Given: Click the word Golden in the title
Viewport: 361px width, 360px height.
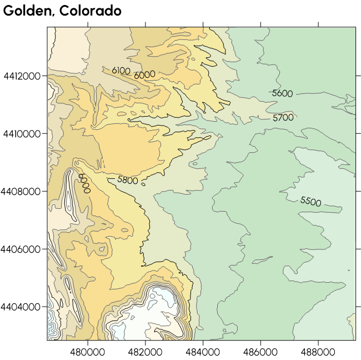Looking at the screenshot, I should [x=26, y=11].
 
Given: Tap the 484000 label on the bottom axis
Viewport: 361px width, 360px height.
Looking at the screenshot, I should [x=203, y=351].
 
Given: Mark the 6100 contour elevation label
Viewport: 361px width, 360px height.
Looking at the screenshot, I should [x=121, y=71].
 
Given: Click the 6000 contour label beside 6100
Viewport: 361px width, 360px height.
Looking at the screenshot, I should [x=144, y=74].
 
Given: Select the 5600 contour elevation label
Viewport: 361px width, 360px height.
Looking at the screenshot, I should [x=282, y=94].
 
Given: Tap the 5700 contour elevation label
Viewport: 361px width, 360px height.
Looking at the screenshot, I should [x=283, y=118].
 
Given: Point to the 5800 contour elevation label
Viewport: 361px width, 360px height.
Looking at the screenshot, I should [x=128, y=180].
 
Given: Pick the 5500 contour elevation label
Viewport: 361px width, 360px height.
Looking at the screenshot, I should [x=310, y=201].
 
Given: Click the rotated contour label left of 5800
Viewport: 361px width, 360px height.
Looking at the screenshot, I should [x=84, y=183].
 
